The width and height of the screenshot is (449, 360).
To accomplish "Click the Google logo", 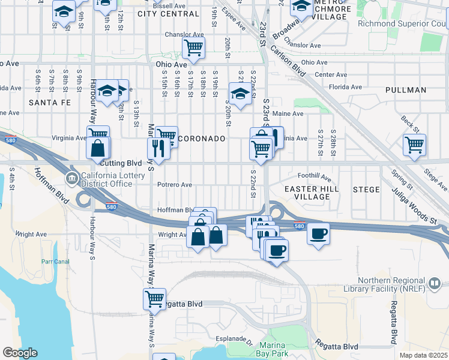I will tap(20, 353).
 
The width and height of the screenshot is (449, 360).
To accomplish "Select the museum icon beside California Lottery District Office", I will tap(72, 178).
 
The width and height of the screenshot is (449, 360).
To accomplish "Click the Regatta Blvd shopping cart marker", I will tap(154, 298).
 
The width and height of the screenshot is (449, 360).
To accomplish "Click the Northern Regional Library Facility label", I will tap(401, 284).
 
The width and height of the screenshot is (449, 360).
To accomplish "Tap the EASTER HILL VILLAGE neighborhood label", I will tap(312, 193).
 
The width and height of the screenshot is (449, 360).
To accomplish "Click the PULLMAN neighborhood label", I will tap(406, 90).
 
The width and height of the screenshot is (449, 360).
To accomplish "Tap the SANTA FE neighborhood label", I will tap(49, 103).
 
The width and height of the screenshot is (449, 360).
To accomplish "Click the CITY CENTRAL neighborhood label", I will tap(168, 13).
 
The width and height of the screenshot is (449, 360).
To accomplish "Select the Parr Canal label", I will tap(56, 262).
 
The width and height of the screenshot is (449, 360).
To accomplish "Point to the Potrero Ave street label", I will tap(174, 185).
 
